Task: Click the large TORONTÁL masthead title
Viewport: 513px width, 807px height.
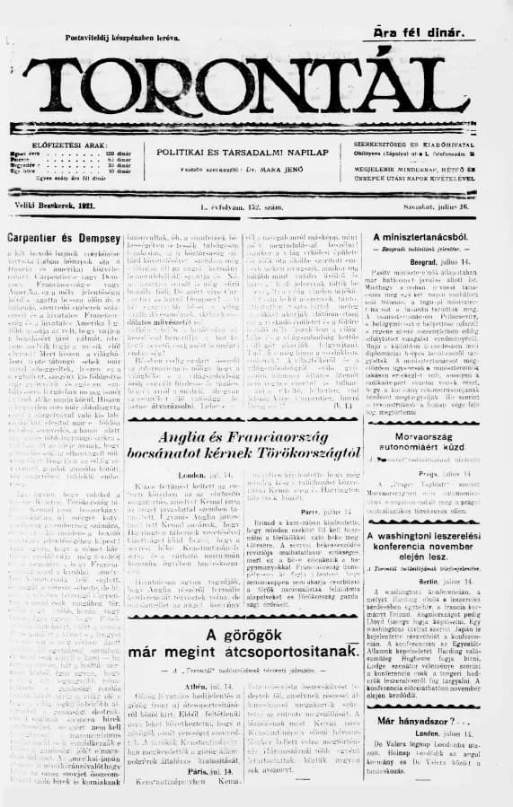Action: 255,86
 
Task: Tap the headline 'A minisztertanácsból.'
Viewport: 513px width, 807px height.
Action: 433,236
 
